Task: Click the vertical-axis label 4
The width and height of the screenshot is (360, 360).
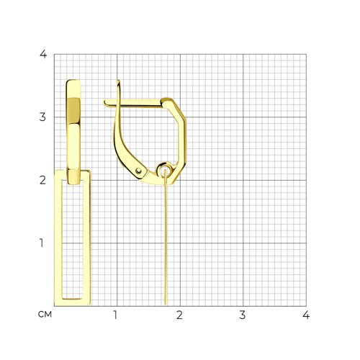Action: (43, 54)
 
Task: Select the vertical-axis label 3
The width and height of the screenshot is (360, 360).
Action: (42, 117)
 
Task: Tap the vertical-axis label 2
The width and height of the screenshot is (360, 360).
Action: (42, 180)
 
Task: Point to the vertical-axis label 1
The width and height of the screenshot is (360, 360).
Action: (42, 243)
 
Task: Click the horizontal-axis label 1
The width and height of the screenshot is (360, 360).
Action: (115, 315)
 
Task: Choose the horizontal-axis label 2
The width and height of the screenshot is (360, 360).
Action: (179, 315)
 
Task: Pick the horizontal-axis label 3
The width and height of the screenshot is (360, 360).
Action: (243, 315)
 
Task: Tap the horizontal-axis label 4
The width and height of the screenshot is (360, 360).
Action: (306, 315)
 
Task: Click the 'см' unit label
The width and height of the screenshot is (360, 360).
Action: (45, 315)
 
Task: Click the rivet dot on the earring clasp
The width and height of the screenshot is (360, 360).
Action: (138, 171)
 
